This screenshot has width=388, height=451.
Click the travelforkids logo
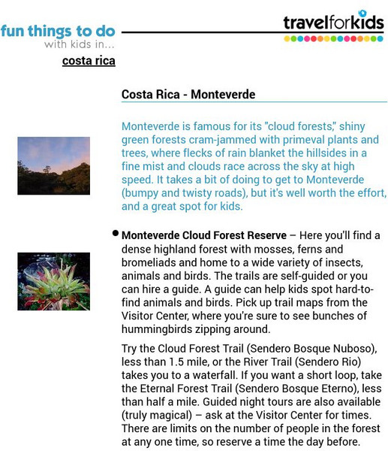(333, 24)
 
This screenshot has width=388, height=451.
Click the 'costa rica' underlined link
(89, 61)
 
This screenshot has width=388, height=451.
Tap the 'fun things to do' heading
(58, 31)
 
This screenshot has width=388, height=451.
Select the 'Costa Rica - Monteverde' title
(188, 95)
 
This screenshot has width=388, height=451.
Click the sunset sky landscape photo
(53, 165)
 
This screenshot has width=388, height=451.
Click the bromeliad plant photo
(53, 281)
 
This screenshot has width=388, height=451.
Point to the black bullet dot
(116, 234)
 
